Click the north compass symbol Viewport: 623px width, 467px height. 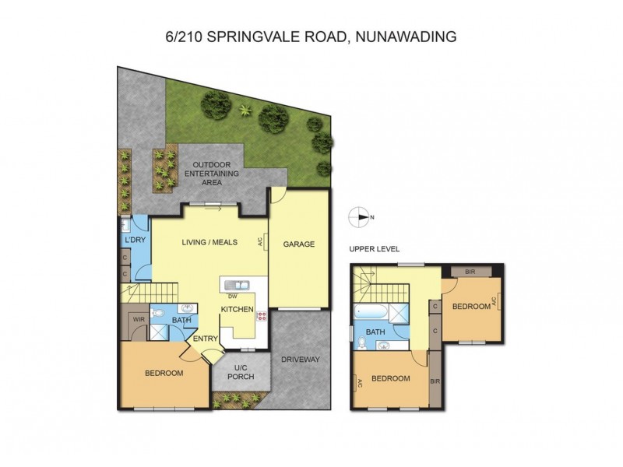[361, 217]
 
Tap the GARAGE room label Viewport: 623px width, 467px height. [298, 244]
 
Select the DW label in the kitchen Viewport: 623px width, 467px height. [232, 296]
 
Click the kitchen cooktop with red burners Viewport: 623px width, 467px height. [261, 316]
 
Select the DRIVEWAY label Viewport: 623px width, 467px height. [302, 359]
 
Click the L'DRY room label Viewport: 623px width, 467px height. [135, 240]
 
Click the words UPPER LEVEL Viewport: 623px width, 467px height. [375, 249]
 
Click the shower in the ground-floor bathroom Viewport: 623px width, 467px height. [159, 332]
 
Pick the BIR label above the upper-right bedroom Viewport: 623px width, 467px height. [470, 272]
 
